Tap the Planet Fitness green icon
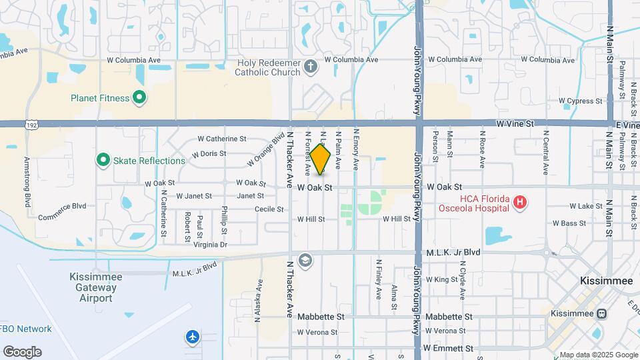point(139,98)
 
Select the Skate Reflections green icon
point(103,161)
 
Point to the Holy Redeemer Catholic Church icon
point(310,67)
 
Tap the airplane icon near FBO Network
point(193,337)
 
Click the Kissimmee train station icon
point(601,313)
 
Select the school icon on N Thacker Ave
point(305,259)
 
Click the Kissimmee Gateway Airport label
point(93,288)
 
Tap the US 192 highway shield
point(31,124)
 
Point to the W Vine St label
point(515,123)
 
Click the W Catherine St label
point(222,139)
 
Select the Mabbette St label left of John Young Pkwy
point(321,317)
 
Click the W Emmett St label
point(449,348)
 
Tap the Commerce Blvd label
point(63,206)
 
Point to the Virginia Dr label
point(210,245)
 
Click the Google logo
point(22,351)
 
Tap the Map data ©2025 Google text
point(598,355)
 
